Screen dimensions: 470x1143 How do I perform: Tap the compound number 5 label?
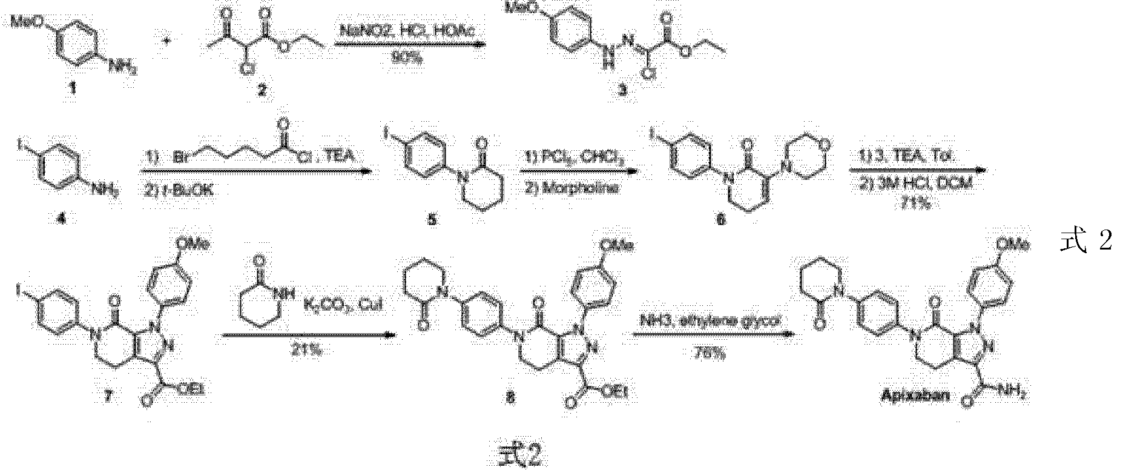432,219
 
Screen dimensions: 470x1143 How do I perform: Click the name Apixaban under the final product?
914,396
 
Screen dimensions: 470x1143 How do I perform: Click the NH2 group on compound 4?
108,193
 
